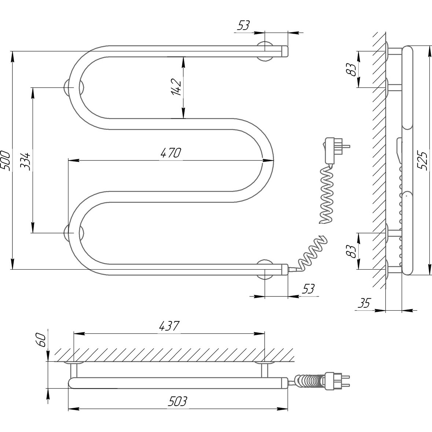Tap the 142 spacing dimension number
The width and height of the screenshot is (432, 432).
(x=176, y=87)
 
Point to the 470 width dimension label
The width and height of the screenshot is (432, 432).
(x=171, y=153)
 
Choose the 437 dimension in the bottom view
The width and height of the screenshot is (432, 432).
(x=169, y=326)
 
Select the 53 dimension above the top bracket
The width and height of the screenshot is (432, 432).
(x=243, y=26)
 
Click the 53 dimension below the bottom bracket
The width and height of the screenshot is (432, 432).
(x=309, y=289)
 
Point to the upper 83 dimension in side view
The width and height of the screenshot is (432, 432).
(x=352, y=69)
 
